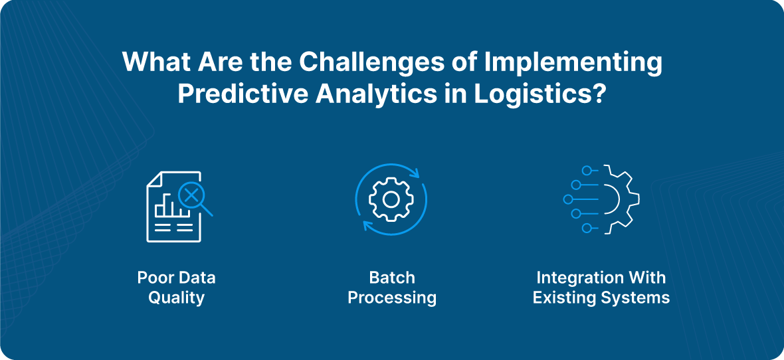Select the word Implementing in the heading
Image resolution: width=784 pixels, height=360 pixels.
point(573,62)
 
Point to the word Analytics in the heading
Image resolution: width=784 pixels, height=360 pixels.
point(374,94)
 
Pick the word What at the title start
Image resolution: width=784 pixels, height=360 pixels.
point(152,62)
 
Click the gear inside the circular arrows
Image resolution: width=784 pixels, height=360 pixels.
point(391,199)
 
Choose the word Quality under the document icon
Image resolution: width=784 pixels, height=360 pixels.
point(176,297)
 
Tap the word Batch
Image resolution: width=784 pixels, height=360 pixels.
point(392,277)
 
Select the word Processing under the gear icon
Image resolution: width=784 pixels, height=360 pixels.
point(392,297)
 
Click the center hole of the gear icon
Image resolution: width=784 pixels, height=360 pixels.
point(391,199)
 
